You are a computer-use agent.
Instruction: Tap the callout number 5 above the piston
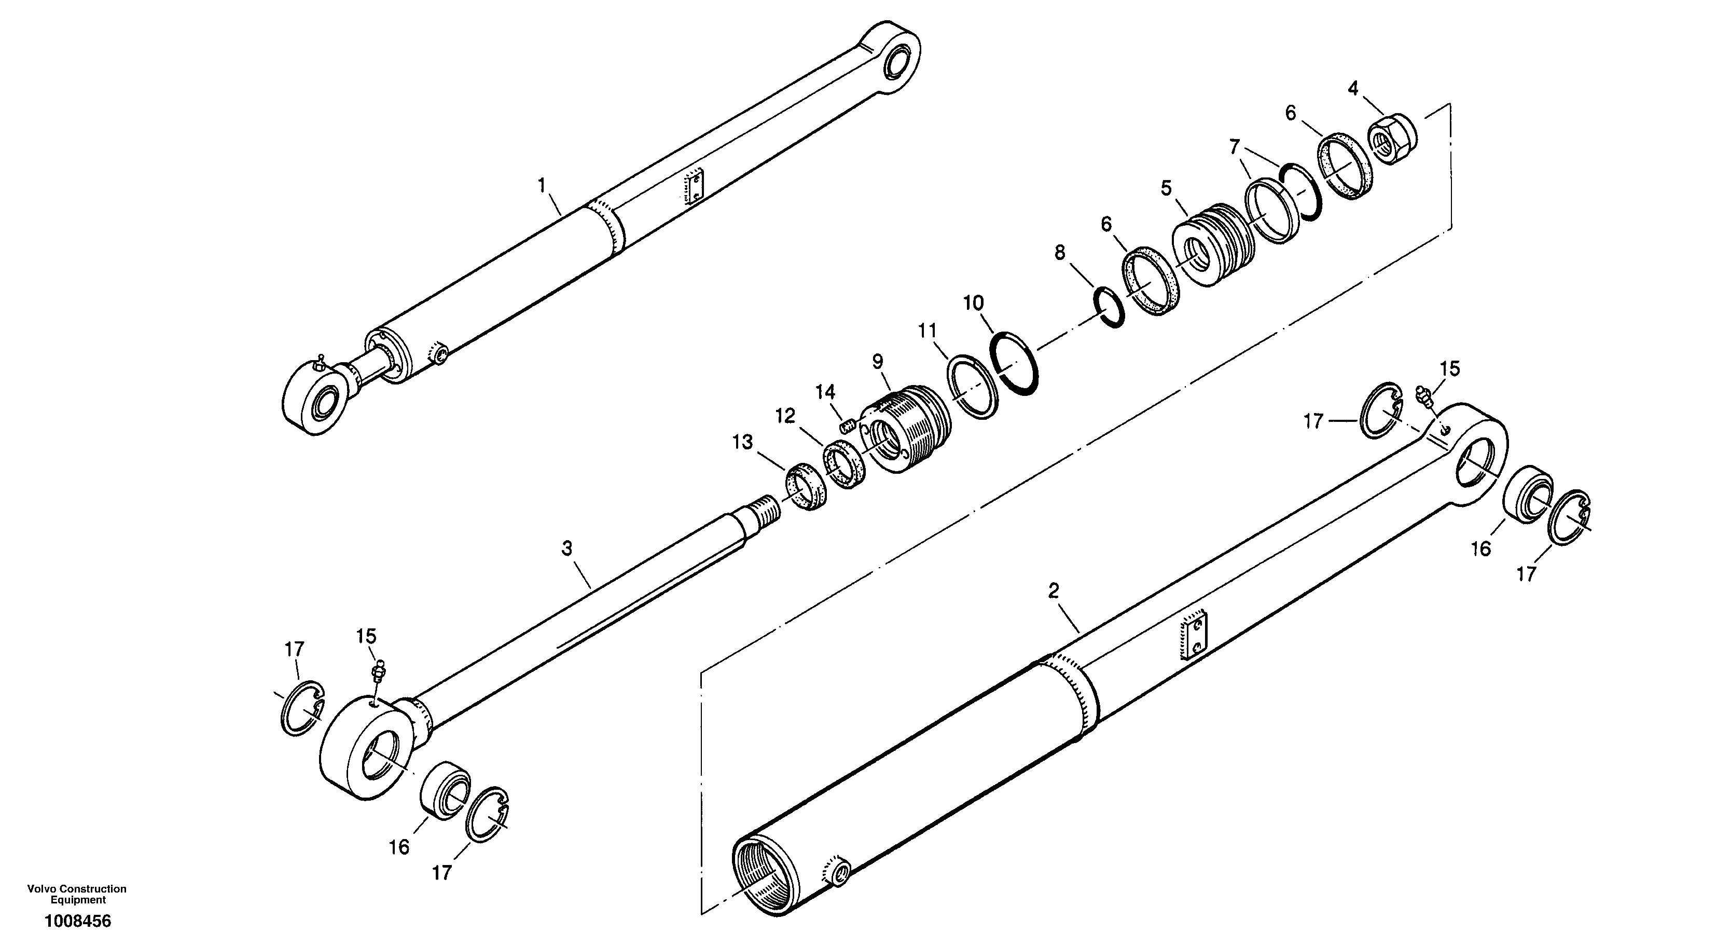pos(1166,187)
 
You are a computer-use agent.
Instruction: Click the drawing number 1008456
pos(78,922)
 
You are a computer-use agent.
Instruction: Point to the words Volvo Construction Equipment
pos(77,895)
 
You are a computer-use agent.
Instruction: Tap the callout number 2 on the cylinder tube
pos(1053,591)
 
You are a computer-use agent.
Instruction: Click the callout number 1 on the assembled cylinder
pos(543,185)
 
